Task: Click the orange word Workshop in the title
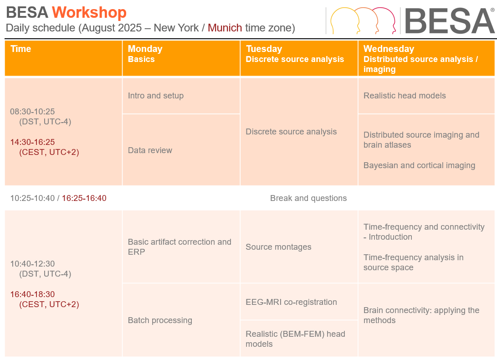pyautogui.click(x=89, y=13)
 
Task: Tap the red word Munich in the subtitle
pyautogui.click(x=225, y=28)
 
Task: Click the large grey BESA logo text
pyautogui.click(x=449, y=21)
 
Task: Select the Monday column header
pyautogui.click(x=181, y=58)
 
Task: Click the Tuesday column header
pyautogui.click(x=299, y=58)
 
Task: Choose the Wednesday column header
pyautogui.click(x=426, y=58)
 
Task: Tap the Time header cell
pyautogui.click(x=63, y=58)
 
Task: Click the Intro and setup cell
pyautogui.click(x=181, y=96)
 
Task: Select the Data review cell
pyautogui.click(x=181, y=150)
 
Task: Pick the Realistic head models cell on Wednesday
pyautogui.click(x=426, y=96)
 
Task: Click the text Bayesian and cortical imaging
pyautogui.click(x=419, y=165)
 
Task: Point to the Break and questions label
pyautogui.click(x=308, y=198)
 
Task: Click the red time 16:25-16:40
pyautogui.click(x=84, y=198)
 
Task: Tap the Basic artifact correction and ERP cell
pyautogui.click(x=181, y=247)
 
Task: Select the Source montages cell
pyautogui.click(x=299, y=247)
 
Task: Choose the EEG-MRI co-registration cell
pyautogui.click(x=299, y=302)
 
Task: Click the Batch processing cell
pyautogui.click(x=181, y=320)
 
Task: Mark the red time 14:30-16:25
pyautogui.click(x=32, y=142)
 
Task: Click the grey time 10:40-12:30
pyautogui.click(x=32, y=264)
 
